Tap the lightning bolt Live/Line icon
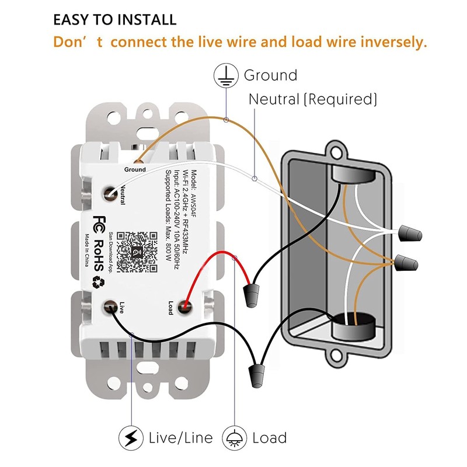pos(131,437)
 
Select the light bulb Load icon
pos(235,437)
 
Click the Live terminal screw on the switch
pos(110,306)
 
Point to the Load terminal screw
pos(185,305)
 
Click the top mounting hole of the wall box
pos(335,152)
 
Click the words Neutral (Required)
pos(313,99)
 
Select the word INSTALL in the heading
pos(140,19)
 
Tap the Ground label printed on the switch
pos(135,169)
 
